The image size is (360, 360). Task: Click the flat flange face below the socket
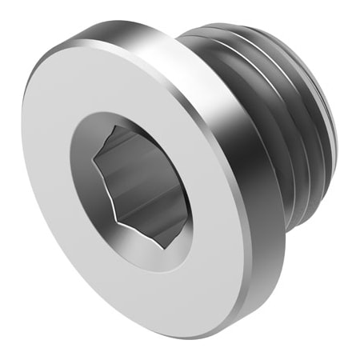152,288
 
